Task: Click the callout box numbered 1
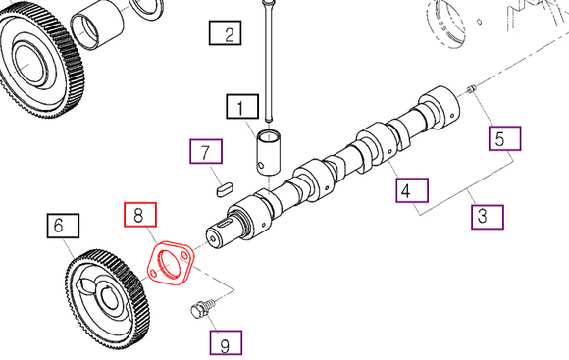240,105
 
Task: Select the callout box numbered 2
228,36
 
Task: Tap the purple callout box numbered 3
487,216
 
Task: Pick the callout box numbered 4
411,189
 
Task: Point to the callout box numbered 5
505,136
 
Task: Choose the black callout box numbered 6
58,227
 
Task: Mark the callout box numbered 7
205,152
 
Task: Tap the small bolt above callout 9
199,312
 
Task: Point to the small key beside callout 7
223,183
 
